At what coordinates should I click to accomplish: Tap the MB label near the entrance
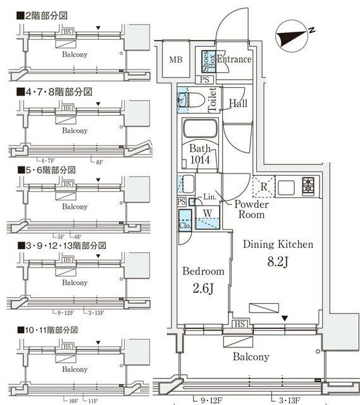click(175, 61)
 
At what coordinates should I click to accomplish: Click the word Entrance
click(234, 59)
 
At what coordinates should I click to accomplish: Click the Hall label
click(238, 103)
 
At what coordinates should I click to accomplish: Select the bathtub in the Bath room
click(201, 131)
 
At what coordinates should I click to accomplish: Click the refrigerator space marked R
click(263, 187)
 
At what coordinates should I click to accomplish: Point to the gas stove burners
click(309, 187)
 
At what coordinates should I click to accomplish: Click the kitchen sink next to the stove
click(285, 187)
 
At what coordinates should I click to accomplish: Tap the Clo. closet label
click(185, 224)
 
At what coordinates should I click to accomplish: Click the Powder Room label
click(252, 209)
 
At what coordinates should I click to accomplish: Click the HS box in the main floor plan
click(240, 325)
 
